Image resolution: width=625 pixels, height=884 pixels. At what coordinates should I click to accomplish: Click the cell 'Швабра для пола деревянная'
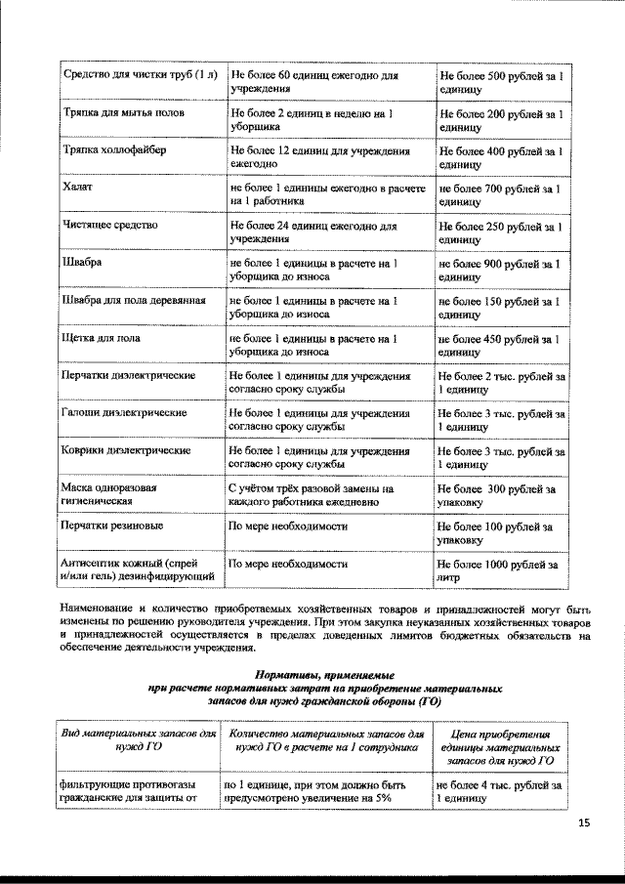(133, 300)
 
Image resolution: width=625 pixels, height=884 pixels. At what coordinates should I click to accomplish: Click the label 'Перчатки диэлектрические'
(129, 375)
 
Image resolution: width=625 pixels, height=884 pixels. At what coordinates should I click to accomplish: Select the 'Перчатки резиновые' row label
(112, 526)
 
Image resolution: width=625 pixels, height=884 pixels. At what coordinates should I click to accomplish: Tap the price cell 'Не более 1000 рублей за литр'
(498, 570)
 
